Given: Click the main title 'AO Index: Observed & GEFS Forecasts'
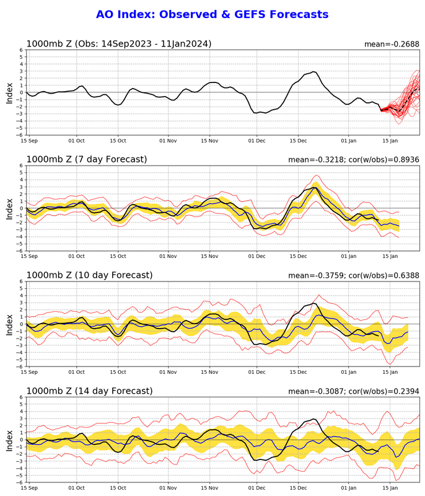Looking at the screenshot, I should (x=212, y=14).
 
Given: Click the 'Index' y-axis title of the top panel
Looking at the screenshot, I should (x=9, y=92).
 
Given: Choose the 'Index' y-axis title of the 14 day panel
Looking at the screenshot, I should (x=9, y=440).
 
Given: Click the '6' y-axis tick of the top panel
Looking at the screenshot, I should (x=21, y=50).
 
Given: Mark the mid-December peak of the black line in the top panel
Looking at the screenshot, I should (x=313, y=72).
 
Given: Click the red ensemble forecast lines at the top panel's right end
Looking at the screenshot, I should (x=406, y=99).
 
